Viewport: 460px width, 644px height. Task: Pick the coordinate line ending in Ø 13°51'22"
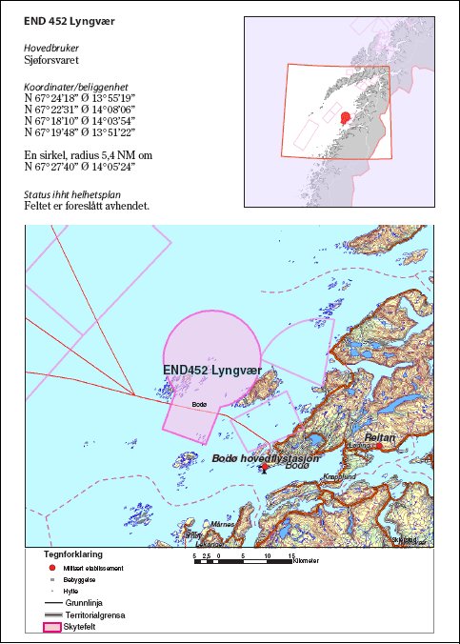pyautogui.click(x=82, y=134)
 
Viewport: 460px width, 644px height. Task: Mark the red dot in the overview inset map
pyautogui.click(x=346, y=118)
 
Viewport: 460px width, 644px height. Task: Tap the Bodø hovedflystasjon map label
pyautogui.click(x=265, y=458)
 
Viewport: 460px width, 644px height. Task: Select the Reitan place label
pyautogui.click(x=379, y=437)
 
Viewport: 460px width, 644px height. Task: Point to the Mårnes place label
pyautogui.click(x=223, y=523)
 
